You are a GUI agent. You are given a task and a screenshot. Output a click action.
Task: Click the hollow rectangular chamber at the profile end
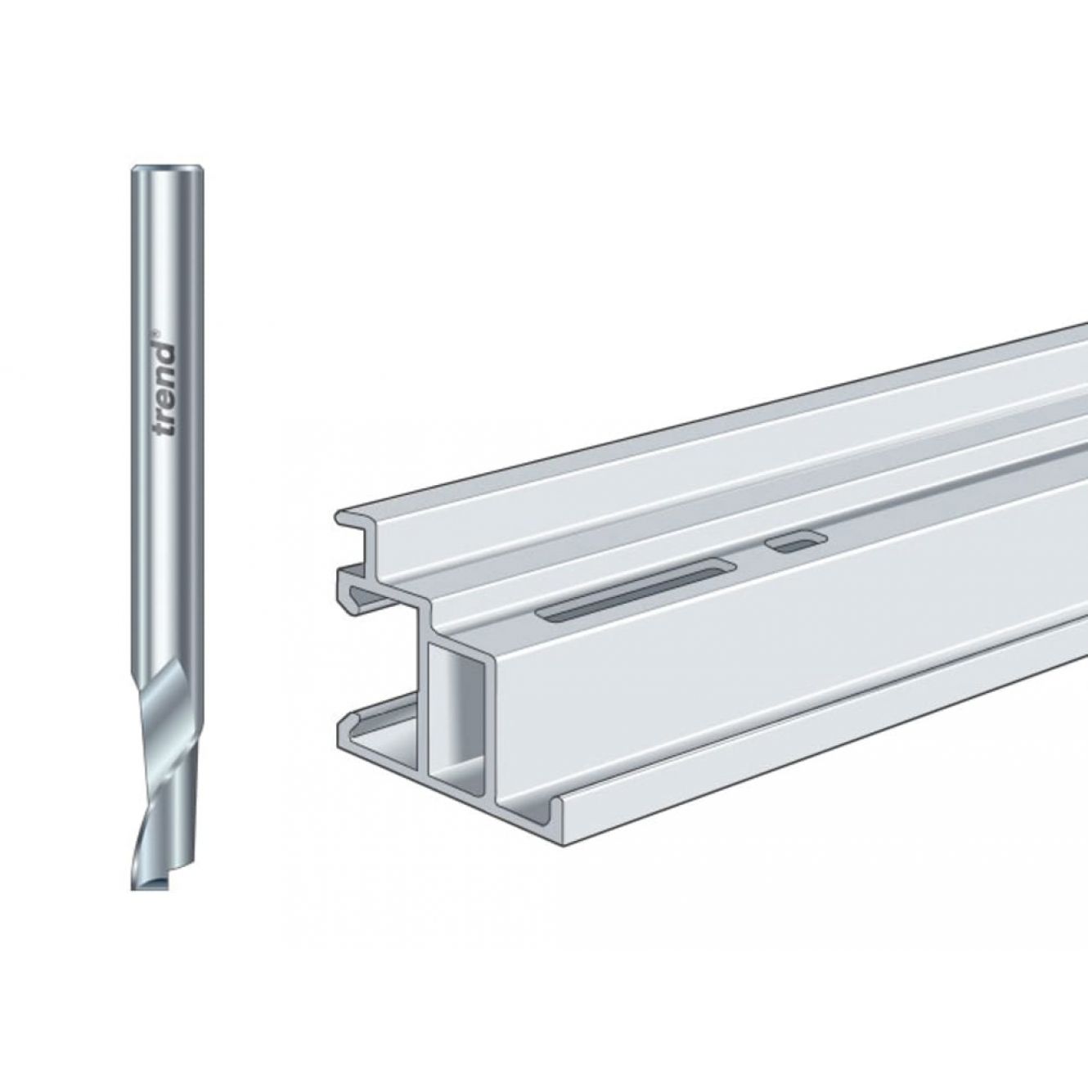(457, 710)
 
